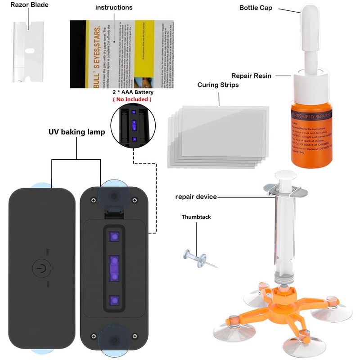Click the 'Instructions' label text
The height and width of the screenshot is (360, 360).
[x=114, y=8]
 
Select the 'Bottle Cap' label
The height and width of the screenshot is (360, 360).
[x=256, y=8]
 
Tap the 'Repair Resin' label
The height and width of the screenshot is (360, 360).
[x=251, y=76]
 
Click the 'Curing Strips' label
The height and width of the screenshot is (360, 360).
[x=218, y=85]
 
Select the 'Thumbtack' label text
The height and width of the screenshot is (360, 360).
[x=196, y=217]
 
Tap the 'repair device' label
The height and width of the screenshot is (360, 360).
[x=196, y=197]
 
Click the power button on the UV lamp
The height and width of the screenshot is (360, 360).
[x=41, y=269]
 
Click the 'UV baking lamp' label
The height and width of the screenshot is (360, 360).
[x=76, y=132]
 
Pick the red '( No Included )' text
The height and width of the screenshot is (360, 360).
[x=132, y=99]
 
